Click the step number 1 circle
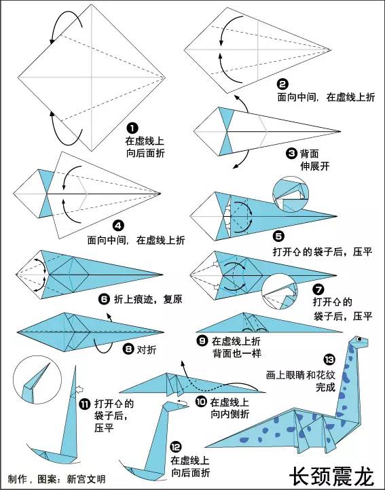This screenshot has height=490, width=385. point(132,128)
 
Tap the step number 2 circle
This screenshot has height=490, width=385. point(282,84)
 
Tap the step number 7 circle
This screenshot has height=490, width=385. point(318,287)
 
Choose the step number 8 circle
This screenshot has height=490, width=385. point(128,349)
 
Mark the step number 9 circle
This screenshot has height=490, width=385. point(202,340)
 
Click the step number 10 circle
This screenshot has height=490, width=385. point(200,401)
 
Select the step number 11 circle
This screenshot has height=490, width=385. point(84,404)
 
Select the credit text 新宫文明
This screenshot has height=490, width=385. point(86,479)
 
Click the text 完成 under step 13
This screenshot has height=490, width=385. point(325,387)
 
